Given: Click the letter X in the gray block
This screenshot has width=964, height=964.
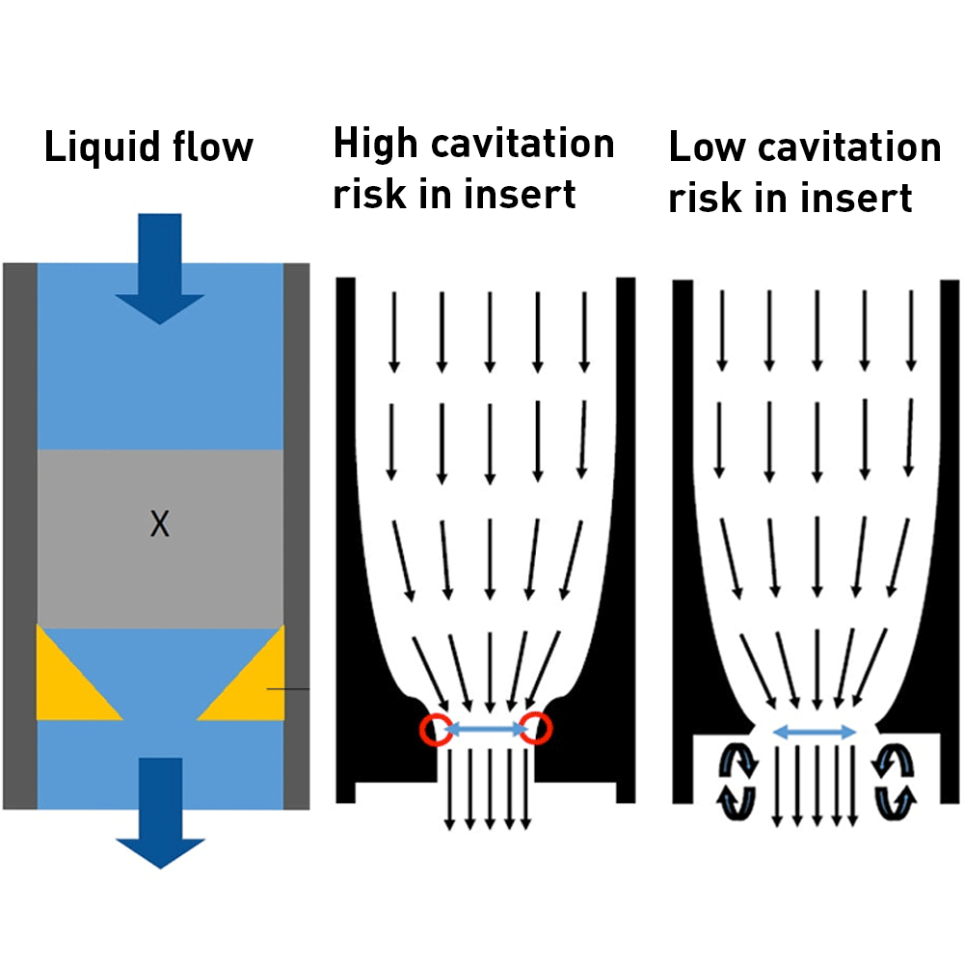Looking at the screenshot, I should [160, 524].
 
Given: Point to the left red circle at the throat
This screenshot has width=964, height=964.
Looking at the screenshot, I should [435, 730].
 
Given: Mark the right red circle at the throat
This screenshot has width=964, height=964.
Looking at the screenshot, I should [536, 730].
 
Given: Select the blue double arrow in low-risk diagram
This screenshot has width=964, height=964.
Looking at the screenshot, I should [816, 733].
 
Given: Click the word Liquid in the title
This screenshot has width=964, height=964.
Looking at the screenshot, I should [95, 147].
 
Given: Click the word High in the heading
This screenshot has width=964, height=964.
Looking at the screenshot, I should [375, 145].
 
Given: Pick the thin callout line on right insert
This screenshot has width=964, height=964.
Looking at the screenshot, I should [288, 689].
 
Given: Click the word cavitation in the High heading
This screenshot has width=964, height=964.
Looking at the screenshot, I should [522, 145].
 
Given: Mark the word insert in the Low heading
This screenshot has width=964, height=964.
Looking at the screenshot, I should [857, 198].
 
